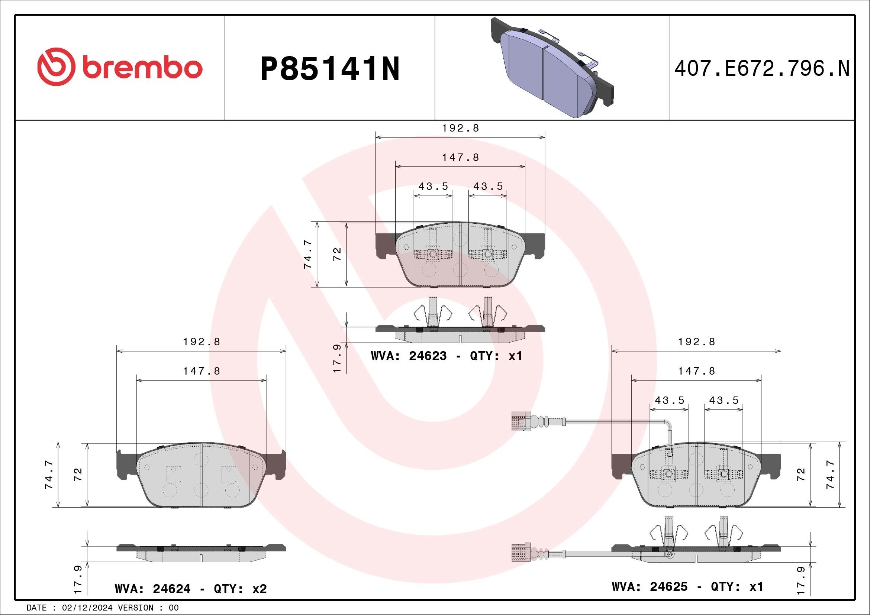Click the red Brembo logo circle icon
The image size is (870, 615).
[x=54, y=67]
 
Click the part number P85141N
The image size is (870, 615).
[x=330, y=69]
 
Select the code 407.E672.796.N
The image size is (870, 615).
[x=762, y=69]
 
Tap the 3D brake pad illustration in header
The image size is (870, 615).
[x=552, y=67]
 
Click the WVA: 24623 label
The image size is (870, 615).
[x=409, y=356]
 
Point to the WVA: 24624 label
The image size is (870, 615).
[x=152, y=589]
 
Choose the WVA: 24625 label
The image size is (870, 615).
[x=650, y=587]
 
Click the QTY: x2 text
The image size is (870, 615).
[x=240, y=589]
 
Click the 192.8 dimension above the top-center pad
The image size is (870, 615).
[x=460, y=128]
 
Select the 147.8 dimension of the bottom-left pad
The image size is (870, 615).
[x=202, y=371]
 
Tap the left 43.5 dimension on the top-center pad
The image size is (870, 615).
[x=433, y=187]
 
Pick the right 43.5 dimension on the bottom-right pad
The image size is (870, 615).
[x=724, y=401]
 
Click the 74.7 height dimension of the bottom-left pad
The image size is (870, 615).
[x=49, y=475]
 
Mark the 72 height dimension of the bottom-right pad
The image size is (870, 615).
[x=800, y=475]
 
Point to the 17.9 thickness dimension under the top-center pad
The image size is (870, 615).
[x=337, y=358]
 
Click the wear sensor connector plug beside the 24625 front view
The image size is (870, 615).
[x=518, y=421]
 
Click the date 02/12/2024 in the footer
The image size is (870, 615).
[x=87, y=608]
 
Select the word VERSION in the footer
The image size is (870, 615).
[x=136, y=608]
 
